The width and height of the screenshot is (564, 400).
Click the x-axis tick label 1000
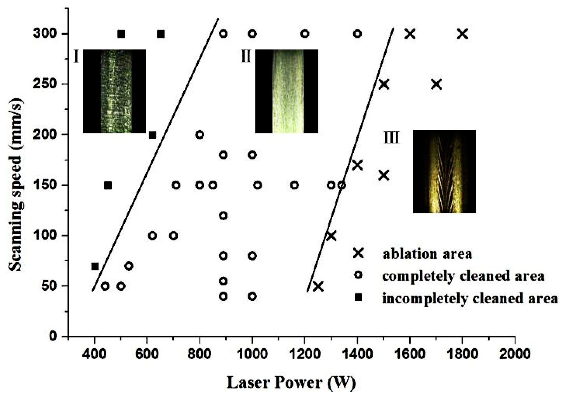coord(252,354)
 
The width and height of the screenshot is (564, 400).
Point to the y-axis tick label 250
coord(45,84)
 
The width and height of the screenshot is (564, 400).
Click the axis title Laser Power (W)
coord(291,382)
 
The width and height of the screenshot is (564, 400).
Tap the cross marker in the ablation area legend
coord(358,253)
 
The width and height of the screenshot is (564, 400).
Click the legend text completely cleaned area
coord(463,276)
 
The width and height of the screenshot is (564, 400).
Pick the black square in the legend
coord(358,298)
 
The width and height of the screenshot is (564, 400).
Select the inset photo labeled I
coord(114,91)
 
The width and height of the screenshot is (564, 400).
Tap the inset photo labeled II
coord(287,91)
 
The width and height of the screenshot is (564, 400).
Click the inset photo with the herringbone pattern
coord(444,171)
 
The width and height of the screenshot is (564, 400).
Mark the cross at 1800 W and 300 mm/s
coord(463,34)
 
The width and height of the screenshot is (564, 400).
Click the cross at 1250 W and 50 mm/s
coord(318,286)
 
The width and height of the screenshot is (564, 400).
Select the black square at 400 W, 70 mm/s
coord(95,266)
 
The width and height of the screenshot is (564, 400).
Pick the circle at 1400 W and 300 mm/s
coord(357,34)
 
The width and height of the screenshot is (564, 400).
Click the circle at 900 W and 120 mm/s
coord(223,216)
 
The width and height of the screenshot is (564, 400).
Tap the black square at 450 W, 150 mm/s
coord(108,185)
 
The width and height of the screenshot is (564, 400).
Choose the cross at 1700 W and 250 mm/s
coord(436,84)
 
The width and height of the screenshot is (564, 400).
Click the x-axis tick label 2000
coord(515,354)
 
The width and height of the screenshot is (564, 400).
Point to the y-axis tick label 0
coord(53,336)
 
